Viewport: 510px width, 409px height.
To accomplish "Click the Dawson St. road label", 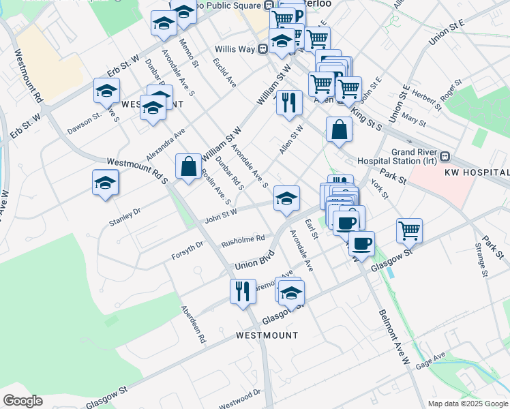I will pyautogui.click(x=85, y=121).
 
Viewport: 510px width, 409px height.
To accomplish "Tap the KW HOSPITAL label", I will pyautogui.click(x=477, y=173).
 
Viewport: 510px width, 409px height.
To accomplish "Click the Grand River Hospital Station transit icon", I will pyautogui.click(x=445, y=156).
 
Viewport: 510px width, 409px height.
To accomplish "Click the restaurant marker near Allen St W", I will pyautogui.click(x=289, y=102).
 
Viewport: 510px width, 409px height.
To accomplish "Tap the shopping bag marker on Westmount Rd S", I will pyautogui.click(x=188, y=166).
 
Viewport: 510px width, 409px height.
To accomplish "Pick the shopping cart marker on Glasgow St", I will pyautogui.click(x=409, y=230).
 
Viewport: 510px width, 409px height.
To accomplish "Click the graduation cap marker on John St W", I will pyautogui.click(x=287, y=198).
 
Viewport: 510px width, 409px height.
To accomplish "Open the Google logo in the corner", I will pyautogui.click(x=22, y=400).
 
